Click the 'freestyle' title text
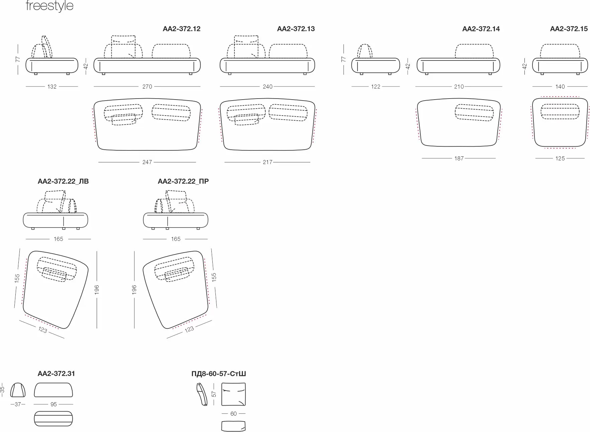(50, 6)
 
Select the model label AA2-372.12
(182, 29)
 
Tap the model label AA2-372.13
(296, 29)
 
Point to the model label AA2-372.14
(481, 29)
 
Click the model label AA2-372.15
(569, 29)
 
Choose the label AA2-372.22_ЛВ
(63, 181)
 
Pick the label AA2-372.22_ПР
(183, 181)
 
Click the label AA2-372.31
(56, 374)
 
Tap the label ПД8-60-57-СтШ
(218, 374)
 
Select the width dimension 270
(147, 87)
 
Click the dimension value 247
(147, 162)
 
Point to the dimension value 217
(268, 162)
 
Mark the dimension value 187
(459, 158)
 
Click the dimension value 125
(560, 158)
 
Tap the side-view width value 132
(52, 87)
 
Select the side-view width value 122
(376, 87)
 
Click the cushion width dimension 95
(54, 404)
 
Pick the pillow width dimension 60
(233, 414)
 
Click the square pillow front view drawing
(233, 394)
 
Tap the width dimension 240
(268, 87)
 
